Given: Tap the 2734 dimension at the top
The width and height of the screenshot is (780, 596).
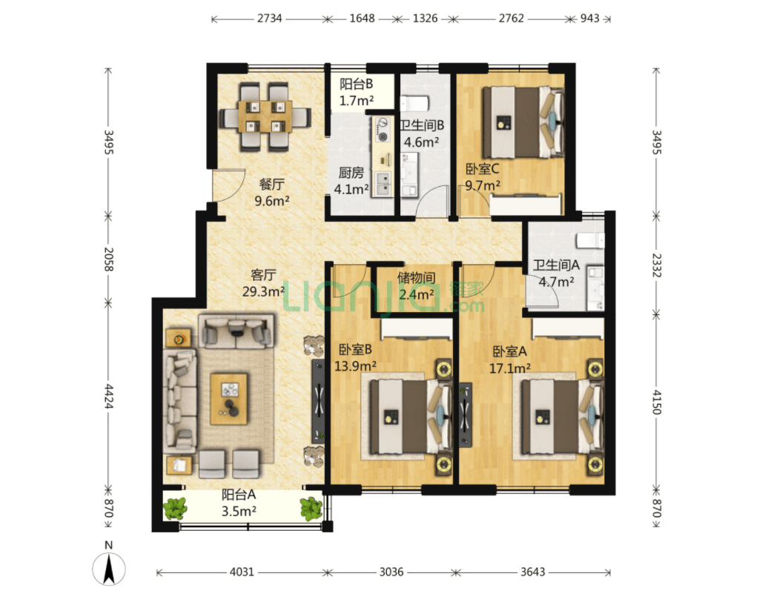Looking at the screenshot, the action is (270, 19).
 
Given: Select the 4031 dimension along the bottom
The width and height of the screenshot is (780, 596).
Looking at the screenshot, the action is (242, 572).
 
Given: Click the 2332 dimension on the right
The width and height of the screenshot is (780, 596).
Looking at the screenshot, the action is (657, 265).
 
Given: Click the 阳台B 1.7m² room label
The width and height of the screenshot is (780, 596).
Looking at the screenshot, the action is (356, 92).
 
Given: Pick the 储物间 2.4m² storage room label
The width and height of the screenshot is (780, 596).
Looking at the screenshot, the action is (417, 285).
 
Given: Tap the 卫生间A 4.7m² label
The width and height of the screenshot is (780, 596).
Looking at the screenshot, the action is (556, 273).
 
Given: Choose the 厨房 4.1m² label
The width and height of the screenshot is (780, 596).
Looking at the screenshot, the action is (351, 181).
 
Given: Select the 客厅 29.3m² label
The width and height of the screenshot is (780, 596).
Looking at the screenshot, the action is (263, 282).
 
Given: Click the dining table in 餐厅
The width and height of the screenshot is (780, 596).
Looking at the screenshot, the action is (265, 116).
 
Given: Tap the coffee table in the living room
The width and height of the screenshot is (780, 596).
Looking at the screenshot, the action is (229, 399).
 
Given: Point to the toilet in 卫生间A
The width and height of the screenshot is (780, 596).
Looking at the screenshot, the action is (590, 241).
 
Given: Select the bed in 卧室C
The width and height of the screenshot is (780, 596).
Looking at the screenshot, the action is (523, 122).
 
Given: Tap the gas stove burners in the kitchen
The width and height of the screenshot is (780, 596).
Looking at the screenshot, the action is (383, 129).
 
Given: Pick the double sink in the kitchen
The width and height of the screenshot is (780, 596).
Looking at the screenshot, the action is (383, 184).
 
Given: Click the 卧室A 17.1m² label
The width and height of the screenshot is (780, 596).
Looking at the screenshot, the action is (510, 360).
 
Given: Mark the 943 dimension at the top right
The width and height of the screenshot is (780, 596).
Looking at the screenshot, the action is (589, 19).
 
